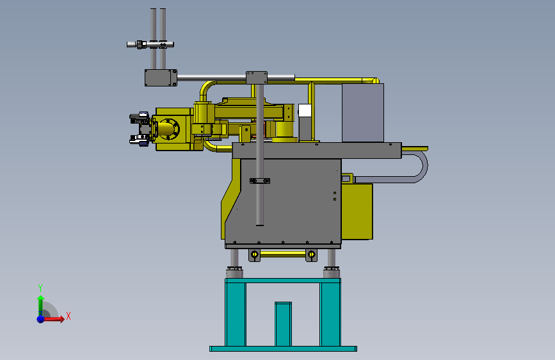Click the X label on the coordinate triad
[x=68, y=316]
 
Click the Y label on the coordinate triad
[x=40, y=288]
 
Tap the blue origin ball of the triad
[x=40, y=318]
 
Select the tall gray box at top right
[x=362, y=113]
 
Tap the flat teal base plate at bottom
[x=283, y=348]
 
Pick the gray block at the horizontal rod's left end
[x=160, y=78]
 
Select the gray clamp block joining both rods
[x=257, y=78]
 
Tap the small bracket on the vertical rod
[x=259, y=181]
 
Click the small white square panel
[x=305, y=111]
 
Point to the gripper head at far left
[x=141, y=129]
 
